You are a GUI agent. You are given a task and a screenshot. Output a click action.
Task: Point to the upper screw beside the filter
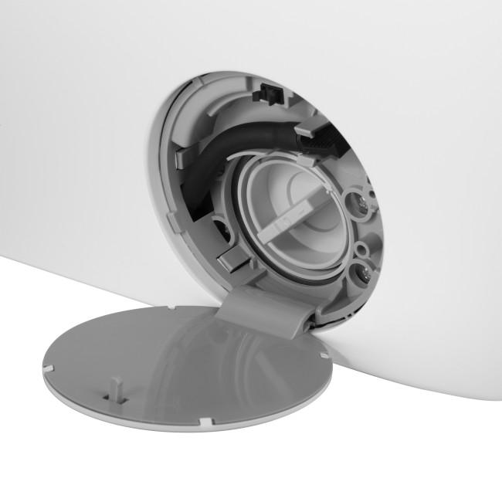[x=361, y=204]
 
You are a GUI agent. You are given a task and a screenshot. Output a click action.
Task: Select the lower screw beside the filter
[x=359, y=273]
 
